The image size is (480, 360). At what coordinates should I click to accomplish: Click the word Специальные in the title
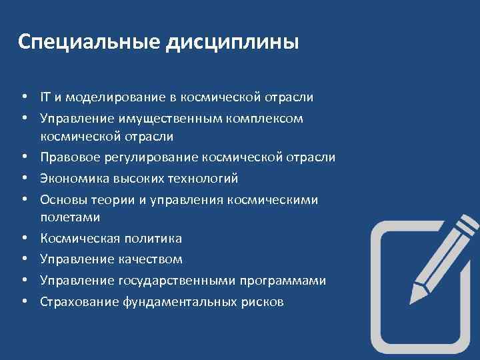pos(87,43)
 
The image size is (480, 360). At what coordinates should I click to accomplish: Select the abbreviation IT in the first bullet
pos(45,97)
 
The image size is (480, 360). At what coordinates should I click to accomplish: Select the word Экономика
pos(72,178)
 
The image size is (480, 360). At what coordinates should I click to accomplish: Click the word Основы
pos(61,199)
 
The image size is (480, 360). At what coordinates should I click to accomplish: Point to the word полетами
pos(70,217)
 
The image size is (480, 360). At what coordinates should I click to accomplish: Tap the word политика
pos(158,238)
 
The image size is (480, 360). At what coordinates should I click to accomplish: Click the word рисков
pos(261,301)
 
